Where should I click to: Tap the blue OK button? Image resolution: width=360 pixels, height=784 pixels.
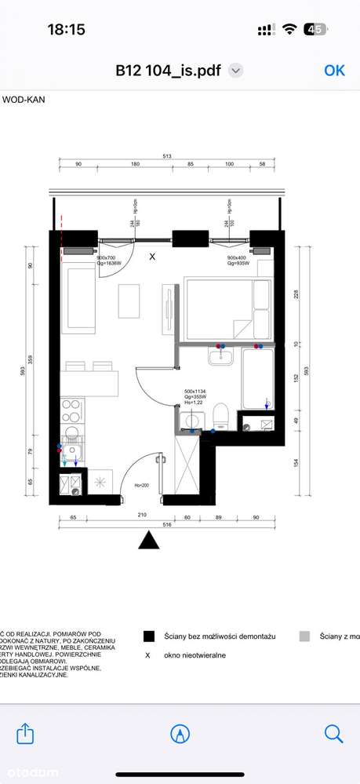(334, 70)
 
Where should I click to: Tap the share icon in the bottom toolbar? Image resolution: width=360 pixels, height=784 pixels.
(26, 733)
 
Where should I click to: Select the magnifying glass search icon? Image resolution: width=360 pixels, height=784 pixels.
(333, 733)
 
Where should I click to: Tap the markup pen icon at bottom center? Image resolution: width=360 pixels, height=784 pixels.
(180, 733)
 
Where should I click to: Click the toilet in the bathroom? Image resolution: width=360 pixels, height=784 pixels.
(220, 416)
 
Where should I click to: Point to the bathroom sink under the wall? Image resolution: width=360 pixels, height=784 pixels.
(221, 357)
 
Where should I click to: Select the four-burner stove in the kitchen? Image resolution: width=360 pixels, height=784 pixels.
(71, 410)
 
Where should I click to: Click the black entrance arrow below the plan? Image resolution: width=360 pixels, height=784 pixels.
(149, 541)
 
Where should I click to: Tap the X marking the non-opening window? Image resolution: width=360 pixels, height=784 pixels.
(152, 256)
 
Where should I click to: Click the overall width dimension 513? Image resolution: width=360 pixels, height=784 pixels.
(167, 156)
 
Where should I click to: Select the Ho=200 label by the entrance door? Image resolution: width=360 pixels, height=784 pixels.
(141, 485)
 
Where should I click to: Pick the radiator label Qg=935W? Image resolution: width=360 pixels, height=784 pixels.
(238, 264)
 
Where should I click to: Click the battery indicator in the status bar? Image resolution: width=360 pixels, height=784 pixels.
(316, 29)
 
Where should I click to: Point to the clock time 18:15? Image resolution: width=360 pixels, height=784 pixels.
(66, 29)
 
